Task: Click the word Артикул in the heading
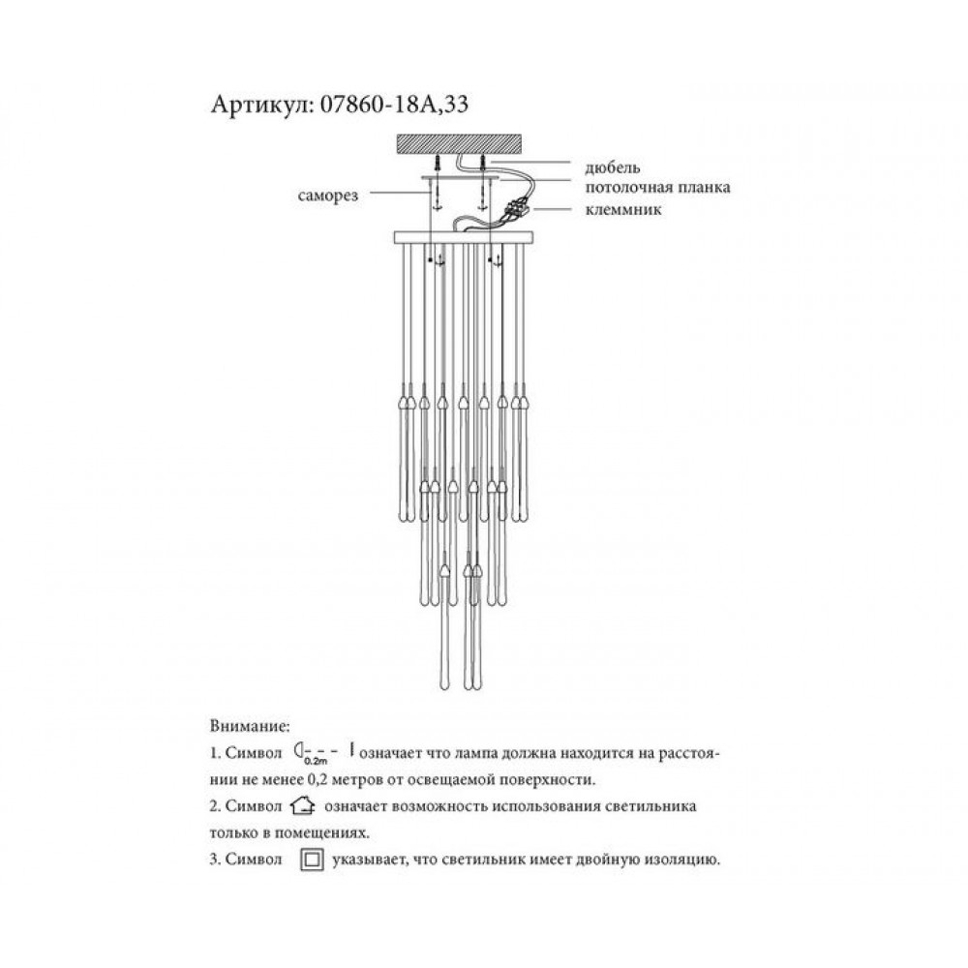click(x=262, y=105)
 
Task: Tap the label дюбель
click(x=613, y=167)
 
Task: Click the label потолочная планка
click(x=657, y=187)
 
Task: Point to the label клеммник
click(x=623, y=209)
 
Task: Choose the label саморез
click(x=328, y=197)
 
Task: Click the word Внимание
click(x=250, y=725)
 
